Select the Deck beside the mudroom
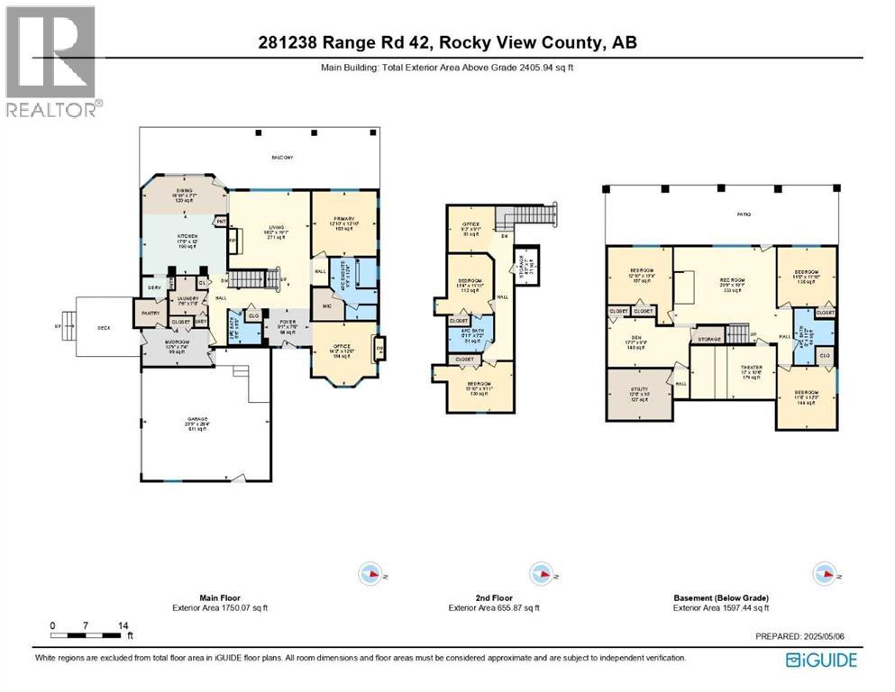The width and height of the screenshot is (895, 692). pyautogui.click(x=104, y=327)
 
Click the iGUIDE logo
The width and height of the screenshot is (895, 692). pyautogui.click(x=821, y=660)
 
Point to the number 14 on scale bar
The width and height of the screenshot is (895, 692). pyautogui.click(x=123, y=624)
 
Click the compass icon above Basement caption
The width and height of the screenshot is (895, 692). pyautogui.click(x=821, y=574)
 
